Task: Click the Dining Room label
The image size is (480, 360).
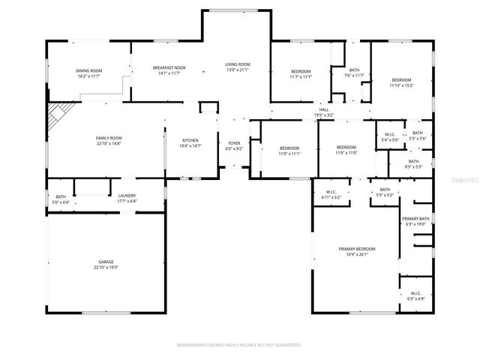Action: click(x=88, y=70)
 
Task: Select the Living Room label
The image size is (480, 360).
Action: click(x=238, y=64)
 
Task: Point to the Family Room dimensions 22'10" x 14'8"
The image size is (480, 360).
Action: click(x=109, y=143)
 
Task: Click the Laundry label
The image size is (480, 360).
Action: click(x=126, y=196)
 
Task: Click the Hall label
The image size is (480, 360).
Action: click(x=324, y=110)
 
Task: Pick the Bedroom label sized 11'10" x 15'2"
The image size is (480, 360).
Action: click(x=401, y=80)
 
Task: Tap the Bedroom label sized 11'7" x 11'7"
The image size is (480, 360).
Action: click(x=300, y=72)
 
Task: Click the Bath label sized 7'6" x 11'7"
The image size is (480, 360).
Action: click(x=354, y=70)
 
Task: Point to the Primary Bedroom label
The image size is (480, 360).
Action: click(x=357, y=248)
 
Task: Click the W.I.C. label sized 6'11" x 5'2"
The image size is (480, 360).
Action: click(x=331, y=192)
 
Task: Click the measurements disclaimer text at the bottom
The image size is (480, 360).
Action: click(x=238, y=345)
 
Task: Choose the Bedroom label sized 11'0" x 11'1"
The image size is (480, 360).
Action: click(x=289, y=148)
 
